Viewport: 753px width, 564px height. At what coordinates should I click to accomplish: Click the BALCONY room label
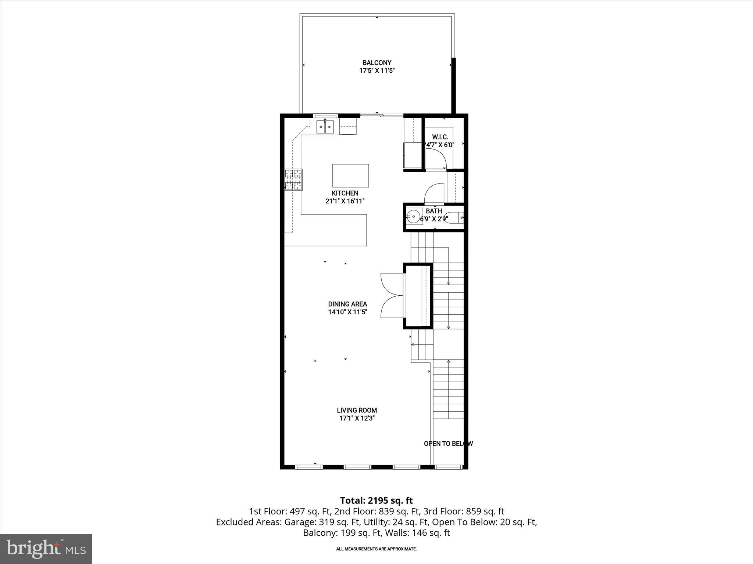[376, 63]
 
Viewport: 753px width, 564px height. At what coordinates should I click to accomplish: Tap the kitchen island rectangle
[350, 176]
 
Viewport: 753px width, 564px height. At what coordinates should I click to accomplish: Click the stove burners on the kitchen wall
[293, 180]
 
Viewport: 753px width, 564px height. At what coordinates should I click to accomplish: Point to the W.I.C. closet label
[440, 137]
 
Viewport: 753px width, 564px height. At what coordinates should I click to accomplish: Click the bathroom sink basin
[414, 217]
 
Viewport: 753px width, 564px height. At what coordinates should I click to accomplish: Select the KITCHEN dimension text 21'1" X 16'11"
[345, 201]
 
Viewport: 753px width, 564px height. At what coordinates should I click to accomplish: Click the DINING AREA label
[347, 304]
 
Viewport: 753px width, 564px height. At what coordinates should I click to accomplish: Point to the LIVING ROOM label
[357, 410]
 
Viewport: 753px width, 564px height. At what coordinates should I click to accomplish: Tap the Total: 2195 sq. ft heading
[376, 500]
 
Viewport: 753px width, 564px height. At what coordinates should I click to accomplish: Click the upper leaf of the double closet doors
[392, 283]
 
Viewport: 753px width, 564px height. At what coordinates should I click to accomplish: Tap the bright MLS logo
[46, 549]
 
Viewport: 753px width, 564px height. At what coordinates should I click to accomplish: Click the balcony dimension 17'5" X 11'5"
[376, 71]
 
